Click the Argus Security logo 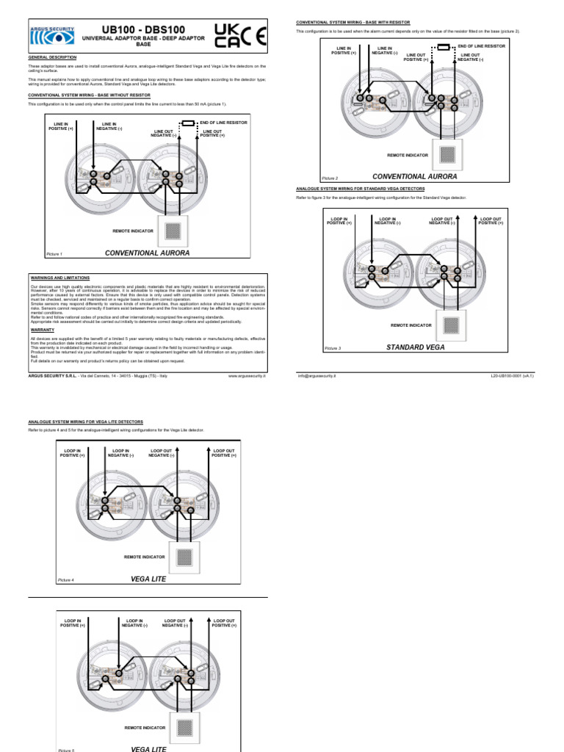point(52,35)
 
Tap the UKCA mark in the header point(226,35)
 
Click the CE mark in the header point(253,35)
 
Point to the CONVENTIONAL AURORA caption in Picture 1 point(147,253)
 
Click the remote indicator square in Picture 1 point(173,231)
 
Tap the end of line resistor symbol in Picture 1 point(188,123)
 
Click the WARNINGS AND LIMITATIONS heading point(59,278)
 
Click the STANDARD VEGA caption point(415,347)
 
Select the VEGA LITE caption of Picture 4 point(148,579)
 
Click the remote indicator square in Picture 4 point(185,556)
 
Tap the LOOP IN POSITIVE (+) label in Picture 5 point(72,623)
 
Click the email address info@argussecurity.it point(316,375)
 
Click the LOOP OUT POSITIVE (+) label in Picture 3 point(491,220)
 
